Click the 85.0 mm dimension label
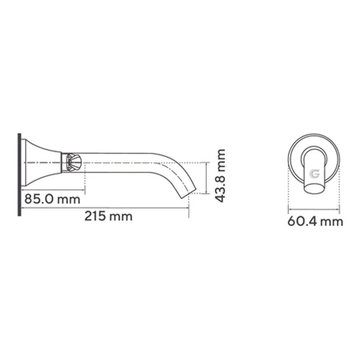pos(52,199)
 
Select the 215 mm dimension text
pos(108,216)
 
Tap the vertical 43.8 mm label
pos(220,175)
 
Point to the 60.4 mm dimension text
pos(315,221)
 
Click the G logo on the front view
pos(315,174)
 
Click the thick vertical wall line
pos(19,175)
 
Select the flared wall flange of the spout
pos(41,162)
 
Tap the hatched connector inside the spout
pos(73,162)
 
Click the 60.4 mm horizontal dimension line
pos(314,209)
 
